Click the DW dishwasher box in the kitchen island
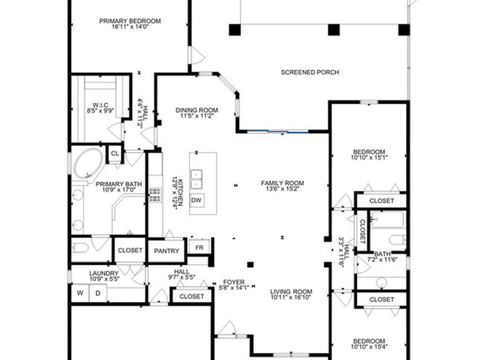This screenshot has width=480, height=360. [196, 201]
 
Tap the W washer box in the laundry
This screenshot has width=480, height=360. [80, 293]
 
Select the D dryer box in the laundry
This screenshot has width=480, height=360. [98, 293]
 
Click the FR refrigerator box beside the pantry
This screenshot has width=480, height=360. [199, 247]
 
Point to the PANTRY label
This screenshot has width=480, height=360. [167, 251]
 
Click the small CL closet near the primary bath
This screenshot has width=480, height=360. [115, 154]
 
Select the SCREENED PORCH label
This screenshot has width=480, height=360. [310, 72]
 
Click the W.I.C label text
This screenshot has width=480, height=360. [100, 105]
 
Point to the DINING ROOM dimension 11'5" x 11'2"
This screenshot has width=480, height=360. [197, 116]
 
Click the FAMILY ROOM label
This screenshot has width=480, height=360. [282, 183]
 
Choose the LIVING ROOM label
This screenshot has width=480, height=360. [291, 291]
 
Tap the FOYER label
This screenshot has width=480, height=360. [233, 282]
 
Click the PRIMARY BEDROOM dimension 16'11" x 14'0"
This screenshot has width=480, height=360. [130, 27]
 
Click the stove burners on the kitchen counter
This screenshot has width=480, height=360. [155, 195]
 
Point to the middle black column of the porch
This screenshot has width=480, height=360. [333, 30]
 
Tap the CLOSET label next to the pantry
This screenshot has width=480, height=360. [130, 250]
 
